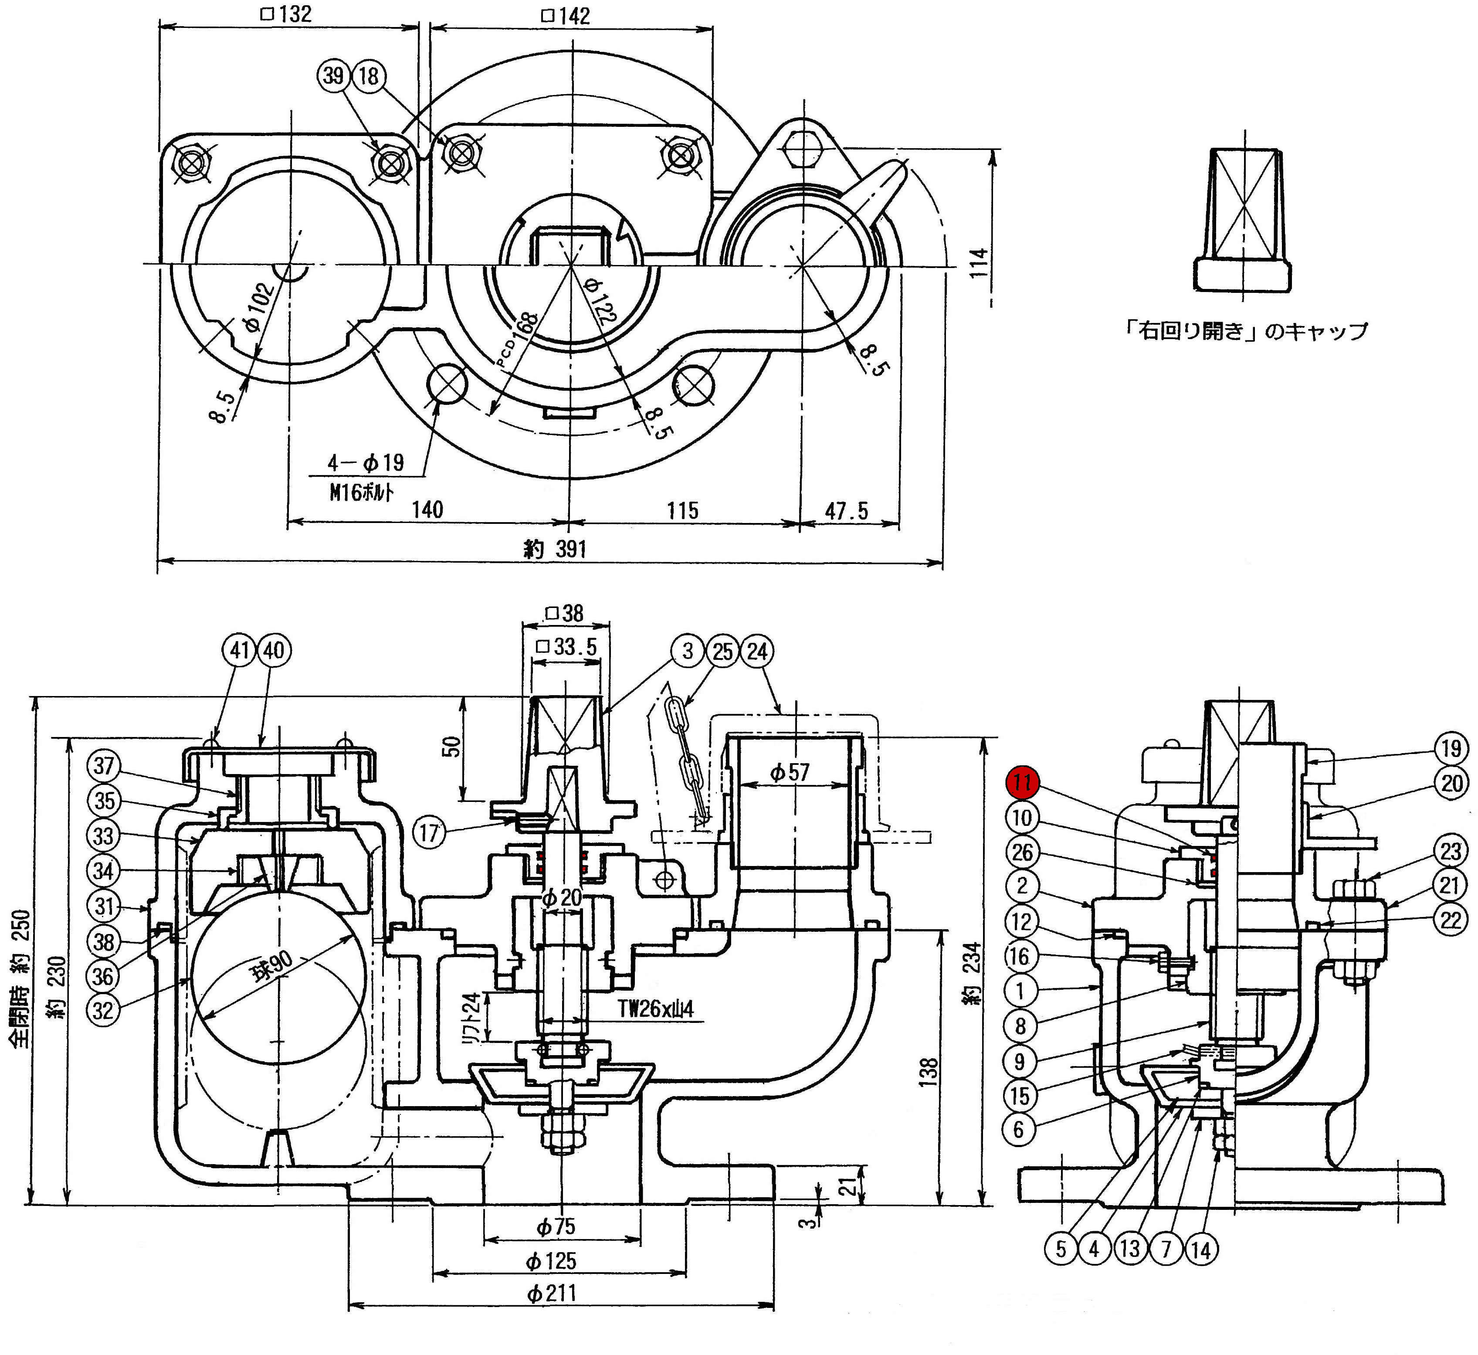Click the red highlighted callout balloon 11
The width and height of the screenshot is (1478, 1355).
[1022, 782]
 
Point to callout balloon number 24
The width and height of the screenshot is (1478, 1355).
[757, 651]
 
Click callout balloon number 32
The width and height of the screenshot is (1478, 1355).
[103, 1010]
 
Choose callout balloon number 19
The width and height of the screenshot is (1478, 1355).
[1451, 749]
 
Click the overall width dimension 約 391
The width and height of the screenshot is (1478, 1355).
[555, 548]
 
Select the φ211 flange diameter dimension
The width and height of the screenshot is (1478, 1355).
[551, 1293]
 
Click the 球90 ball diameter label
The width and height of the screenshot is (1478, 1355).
[272, 966]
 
